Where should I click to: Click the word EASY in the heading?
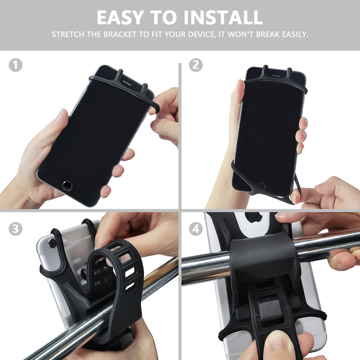[x=120, y=17]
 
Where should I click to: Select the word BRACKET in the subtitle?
[x=119, y=34]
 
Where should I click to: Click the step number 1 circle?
[x=16, y=65]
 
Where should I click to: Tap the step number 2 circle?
[x=196, y=65]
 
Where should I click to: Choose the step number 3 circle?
[x=16, y=229]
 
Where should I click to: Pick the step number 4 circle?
[x=196, y=229]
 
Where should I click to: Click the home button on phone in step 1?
[x=67, y=185]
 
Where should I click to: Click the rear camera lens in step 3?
[x=52, y=243]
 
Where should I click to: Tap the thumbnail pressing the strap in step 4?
[x=279, y=343]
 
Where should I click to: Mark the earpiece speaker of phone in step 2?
[x=276, y=76]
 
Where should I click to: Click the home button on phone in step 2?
[x=261, y=185]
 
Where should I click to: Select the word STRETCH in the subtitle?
[x=68, y=34]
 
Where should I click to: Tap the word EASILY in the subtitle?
[x=295, y=34]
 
